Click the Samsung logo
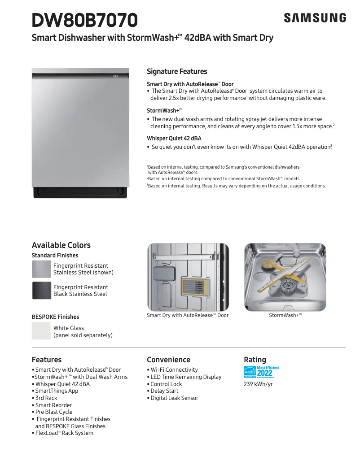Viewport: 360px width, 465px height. click(x=315, y=18)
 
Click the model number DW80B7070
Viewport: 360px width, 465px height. click(x=85, y=20)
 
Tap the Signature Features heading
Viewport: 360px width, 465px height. click(x=177, y=71)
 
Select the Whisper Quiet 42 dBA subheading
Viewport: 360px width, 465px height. click(x=174, y=139)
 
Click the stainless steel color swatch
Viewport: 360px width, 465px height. click(x=41, y=269)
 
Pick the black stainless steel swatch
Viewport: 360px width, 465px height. click(x=41, y=291)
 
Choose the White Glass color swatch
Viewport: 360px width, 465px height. click(x=41, y=331)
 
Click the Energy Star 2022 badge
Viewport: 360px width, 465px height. click(x=261, y=372)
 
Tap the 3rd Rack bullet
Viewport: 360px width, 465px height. click(x=46, y=398)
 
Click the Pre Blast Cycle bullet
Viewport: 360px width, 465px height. click(x=54, y=412)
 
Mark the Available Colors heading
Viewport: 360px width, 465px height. click(x=61, y=245)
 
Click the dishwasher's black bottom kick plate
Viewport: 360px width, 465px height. click(x=81, y=192)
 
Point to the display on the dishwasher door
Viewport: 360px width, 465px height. click(x=115, y=76)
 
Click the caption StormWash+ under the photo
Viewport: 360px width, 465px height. click(x=285, y=316)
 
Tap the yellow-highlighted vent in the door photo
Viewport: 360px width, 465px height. click(x=196, y=287)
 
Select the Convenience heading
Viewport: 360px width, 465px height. click(x=168, y=360)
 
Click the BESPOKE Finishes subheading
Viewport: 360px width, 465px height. click(x=55, y=317)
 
